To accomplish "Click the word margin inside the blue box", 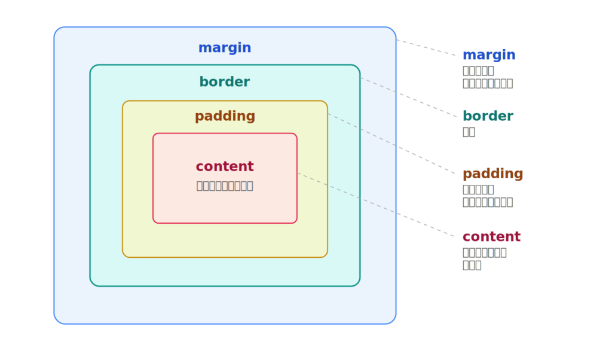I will click(x=225, y=48).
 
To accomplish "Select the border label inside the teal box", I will click(x=225, y=82).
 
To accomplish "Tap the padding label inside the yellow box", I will click(x=225, y=116).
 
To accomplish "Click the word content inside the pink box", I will click(x=225, y=166).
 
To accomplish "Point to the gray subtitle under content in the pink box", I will click(x=225, y=185).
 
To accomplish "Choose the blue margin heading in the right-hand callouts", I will click(x=489, y=55).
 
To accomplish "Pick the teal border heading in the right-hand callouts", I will click(x=488, y=116).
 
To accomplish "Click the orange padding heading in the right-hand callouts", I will click(x=493, y=174).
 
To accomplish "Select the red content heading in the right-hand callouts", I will click(x=491, y=236).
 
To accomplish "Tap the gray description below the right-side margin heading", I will click(x=487, y=77).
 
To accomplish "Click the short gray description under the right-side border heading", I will click(x=469, y=132).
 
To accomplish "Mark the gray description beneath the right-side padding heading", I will click(x=487, y=196).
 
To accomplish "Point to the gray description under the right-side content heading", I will click(x=484, y=258).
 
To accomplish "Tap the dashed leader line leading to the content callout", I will click(x=377, y=206).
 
